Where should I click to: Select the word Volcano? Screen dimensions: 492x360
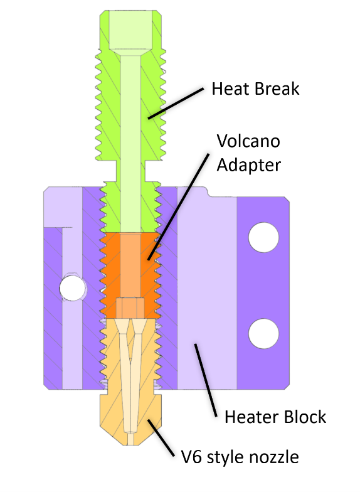[248, 141]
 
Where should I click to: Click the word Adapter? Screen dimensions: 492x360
[248, 165]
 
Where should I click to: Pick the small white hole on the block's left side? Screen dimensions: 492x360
[72, 288]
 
